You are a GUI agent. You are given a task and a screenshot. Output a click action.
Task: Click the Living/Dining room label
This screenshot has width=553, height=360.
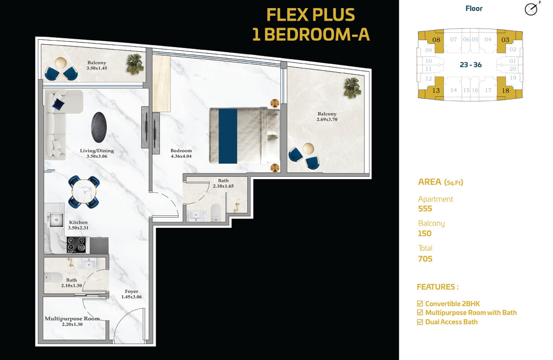(x=97, y=153)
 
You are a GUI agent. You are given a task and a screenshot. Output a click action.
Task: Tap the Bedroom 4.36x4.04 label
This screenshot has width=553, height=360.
(x=181, y=153)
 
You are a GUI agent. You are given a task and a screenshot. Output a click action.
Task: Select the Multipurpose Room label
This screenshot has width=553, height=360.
(x=72, y=321)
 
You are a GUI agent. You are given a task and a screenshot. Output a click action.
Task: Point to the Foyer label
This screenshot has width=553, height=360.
(x=132, y=294)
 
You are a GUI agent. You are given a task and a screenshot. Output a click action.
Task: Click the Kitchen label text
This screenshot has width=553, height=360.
(x=78, y=225)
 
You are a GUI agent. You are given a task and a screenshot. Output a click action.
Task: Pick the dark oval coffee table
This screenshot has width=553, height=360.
(x=99, y=127)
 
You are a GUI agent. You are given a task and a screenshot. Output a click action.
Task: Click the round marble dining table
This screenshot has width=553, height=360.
(x=84, y=192)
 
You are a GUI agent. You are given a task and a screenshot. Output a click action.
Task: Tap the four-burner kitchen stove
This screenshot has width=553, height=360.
(x=77, y=244)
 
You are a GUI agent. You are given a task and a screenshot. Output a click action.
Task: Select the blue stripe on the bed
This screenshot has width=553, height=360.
(x=228, y=136)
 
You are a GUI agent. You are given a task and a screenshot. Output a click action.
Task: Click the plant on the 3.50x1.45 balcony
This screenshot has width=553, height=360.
(x=135, y=64)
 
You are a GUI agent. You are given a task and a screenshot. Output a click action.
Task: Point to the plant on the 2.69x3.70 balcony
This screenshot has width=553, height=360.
(x=353, y=88)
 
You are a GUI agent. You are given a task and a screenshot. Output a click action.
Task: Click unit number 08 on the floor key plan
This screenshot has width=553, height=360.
(x=436, y=40)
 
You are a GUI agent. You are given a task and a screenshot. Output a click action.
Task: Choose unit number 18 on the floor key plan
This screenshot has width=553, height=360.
(x=506, y=90)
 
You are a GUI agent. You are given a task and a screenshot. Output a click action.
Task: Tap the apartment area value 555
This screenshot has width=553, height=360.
(x=425, y=209)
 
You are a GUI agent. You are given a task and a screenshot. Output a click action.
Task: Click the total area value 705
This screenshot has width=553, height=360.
(x=425, y=259)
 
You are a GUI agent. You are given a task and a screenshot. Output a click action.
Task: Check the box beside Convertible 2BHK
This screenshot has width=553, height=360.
(x=420, y=304)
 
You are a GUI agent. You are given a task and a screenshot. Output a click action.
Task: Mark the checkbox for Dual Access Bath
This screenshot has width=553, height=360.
(x=420, y=322)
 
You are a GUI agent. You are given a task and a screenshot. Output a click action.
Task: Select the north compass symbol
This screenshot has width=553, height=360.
(x=532, y=8)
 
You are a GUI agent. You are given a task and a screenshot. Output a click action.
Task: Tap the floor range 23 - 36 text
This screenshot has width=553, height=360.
(x=471, y=65)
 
